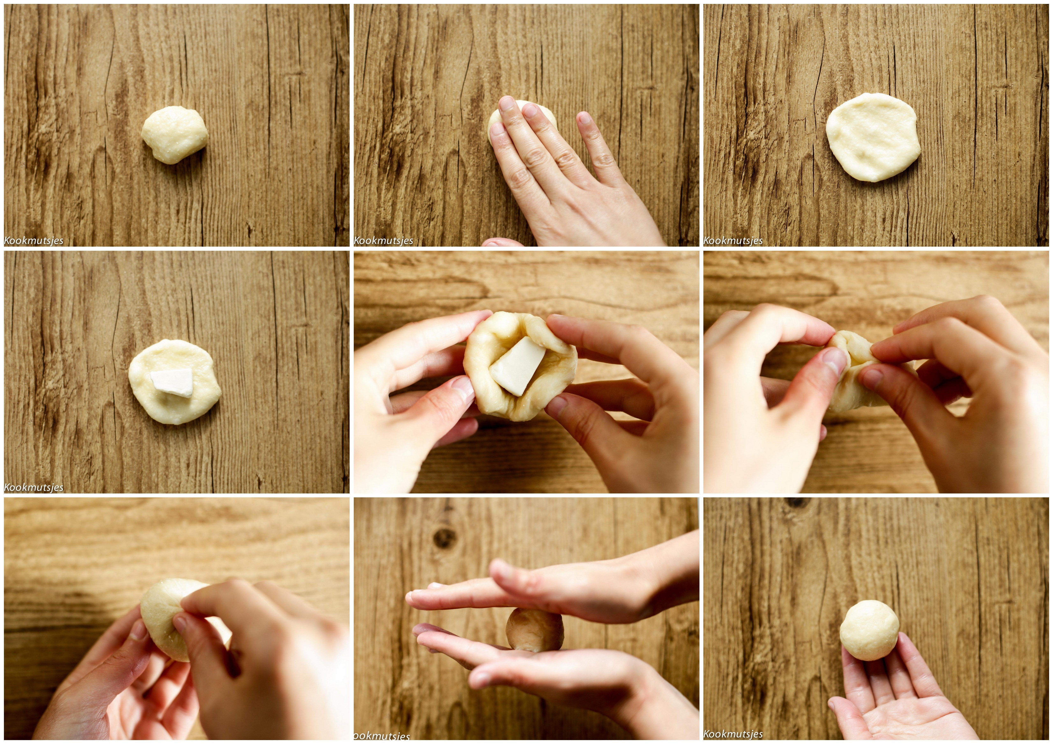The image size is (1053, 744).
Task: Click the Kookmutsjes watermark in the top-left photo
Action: pyautogui.click(x=34, y=241)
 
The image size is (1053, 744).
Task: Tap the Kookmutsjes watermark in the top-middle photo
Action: pyautogui.click(x=383, y=241)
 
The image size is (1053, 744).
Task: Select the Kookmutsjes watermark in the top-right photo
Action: pyautogui.click(x=733, y=241)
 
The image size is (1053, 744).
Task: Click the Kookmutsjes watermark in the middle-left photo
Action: pyautogui.click(x=34, y=487)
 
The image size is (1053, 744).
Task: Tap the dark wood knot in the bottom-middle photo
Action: pyautogui.click(x=444, y=537)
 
